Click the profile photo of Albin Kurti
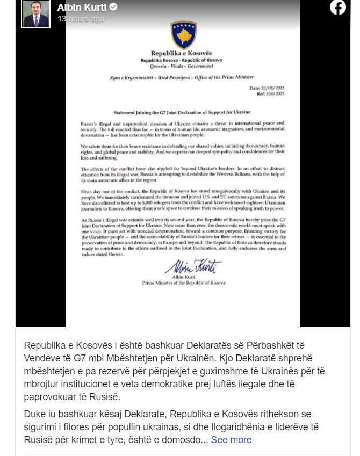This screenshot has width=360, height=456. [x=36, y=13]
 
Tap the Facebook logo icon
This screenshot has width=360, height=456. [x=338, y=7]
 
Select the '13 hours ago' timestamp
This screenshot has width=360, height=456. [x=81, y=19]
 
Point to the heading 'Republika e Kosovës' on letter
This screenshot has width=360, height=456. [x=182, y=54]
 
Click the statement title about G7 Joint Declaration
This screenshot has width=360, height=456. [x=182, y=114]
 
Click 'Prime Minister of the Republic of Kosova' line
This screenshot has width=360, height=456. [x=184, y=282]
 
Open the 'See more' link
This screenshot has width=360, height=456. [x=231, y=440]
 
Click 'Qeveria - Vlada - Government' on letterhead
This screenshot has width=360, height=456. [x=182, y=66]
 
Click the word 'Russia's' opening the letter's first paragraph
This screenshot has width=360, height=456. [x=89, y=124]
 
